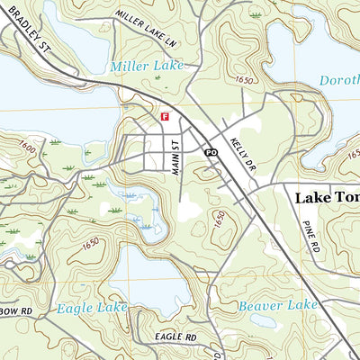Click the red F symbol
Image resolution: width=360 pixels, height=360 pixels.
(x=165, y=117)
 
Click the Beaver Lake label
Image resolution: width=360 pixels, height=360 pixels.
(x=278, y=306)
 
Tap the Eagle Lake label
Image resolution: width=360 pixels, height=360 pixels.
(x=87, y=308)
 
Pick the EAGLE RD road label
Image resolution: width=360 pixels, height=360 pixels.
(x=175, y=337)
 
